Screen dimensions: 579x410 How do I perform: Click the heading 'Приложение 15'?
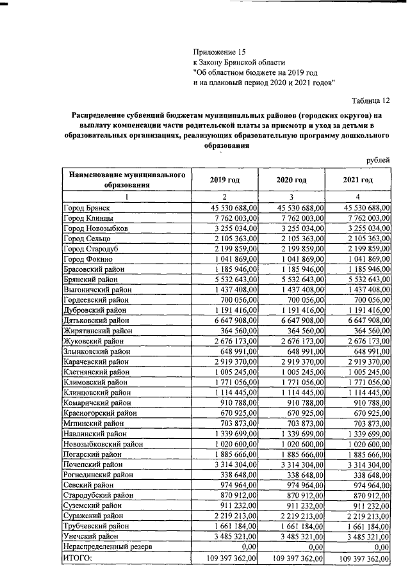(219, 52)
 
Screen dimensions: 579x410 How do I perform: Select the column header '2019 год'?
(224, 180)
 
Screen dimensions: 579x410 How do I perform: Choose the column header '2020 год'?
(291, 180)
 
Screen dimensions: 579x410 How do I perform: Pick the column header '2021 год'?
(357, 180)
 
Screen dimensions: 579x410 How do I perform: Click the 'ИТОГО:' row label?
(78, 558)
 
